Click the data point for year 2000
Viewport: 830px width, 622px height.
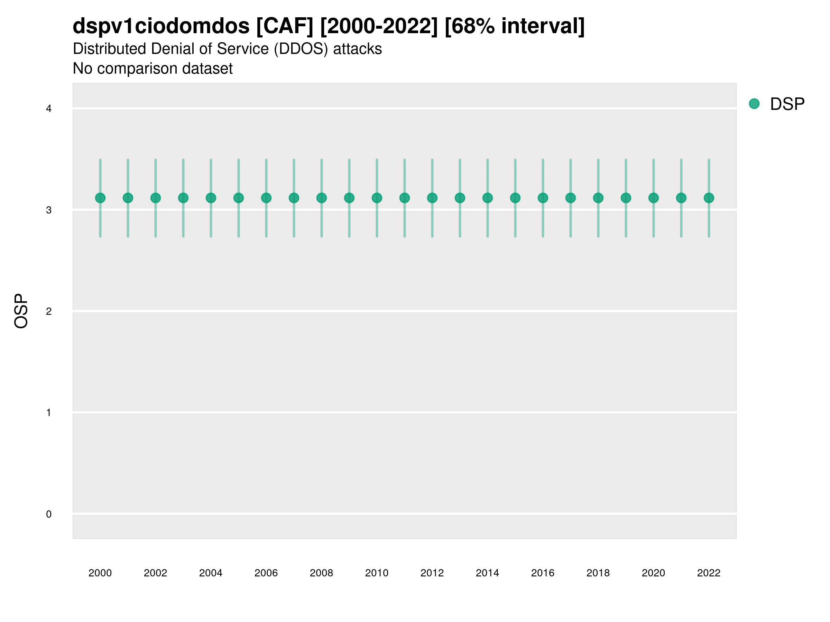100,198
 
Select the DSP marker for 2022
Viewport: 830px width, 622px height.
709,198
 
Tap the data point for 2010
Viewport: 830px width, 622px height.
377,198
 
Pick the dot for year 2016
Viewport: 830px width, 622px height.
543,198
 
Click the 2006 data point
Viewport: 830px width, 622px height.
266,198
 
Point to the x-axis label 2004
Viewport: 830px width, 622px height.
211,573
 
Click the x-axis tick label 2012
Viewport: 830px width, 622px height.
432,573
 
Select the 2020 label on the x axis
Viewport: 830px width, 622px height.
653,573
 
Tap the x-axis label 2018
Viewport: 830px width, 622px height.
598,573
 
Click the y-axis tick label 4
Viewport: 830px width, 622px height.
49,109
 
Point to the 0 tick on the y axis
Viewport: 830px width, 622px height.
49,514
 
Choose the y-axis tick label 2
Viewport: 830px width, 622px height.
49,311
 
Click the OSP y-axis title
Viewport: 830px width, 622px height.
21,311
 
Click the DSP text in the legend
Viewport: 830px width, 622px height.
787,104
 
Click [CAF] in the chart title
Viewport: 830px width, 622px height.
285,26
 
